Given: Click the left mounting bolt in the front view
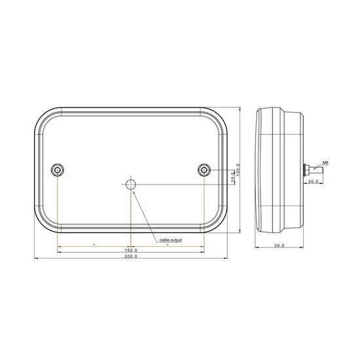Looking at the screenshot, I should pyautogui.click(x=58, y=170).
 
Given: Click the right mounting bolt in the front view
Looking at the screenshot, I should pyautogui.click(x=204, y=170).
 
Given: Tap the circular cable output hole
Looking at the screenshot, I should pyautogui.click(x=132, y=184).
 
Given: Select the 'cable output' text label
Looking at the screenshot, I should pyautogui.click(x=171, y=240).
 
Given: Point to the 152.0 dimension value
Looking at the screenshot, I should pyautogui.click(x=131, y=251).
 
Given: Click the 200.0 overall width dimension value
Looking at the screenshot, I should pyautogui.click(x=131, y=257).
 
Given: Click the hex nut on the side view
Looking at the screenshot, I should pyautogui.click(x=306, y=170).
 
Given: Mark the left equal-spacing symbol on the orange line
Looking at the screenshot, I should pyautogui.click(x=94, y=244).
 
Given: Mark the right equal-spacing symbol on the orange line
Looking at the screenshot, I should pyautogui.click(x=168, y=244).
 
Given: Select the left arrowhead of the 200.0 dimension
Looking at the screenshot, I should pyautogui.click(x=35, y=260).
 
